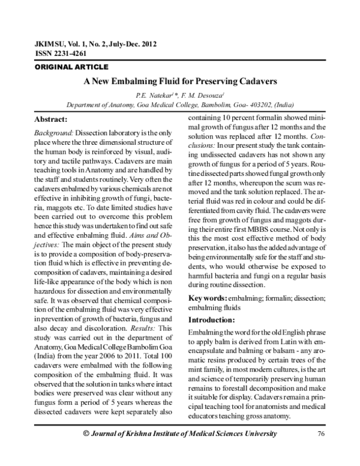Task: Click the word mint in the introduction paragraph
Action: (196, 369)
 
